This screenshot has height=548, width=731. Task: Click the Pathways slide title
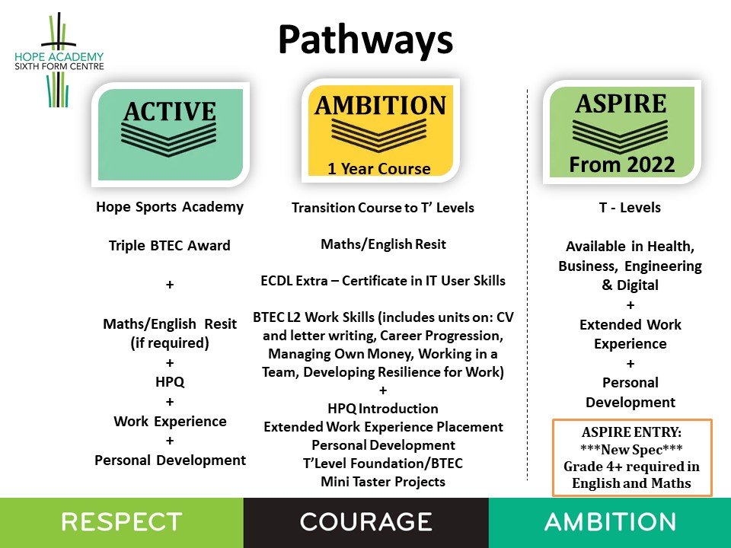[365, 40]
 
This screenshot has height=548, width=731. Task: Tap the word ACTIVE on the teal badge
[169, 111]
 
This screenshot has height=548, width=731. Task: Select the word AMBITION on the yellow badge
[380, 105]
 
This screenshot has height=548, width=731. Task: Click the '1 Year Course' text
[378, 168]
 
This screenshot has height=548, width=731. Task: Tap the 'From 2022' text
[622, 163]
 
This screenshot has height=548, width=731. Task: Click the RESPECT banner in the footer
[122, 522]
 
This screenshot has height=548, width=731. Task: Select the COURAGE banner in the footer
[365, 522]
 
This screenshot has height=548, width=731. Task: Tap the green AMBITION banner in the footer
[610, 522]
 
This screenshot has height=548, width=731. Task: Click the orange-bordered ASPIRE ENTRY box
[631, 457]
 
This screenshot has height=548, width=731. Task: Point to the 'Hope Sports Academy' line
[170, 206]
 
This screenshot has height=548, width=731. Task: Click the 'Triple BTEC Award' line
[170, 246]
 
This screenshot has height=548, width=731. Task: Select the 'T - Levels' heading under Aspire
[630, 208]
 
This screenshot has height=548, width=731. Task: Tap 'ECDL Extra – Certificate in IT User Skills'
[382, 281]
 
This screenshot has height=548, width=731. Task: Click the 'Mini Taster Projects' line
[382, 482]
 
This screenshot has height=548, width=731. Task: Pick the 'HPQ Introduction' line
[382, 409]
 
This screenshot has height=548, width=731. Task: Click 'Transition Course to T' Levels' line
[382, 208]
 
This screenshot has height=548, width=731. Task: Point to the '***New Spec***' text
[631, 450]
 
